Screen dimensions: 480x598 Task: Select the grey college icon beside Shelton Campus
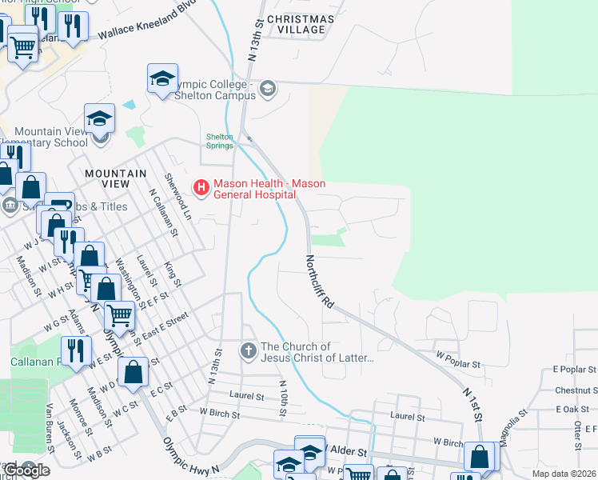[268, 88]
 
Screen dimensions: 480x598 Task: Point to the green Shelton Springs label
[220, 141]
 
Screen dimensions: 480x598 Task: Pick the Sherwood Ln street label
[178, 195]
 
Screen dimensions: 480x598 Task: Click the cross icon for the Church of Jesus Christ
[249, 350]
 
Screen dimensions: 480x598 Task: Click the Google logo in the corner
[26, 470]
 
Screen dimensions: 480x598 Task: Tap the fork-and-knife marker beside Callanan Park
[76, 350]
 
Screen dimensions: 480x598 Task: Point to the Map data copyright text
[563, 474]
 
